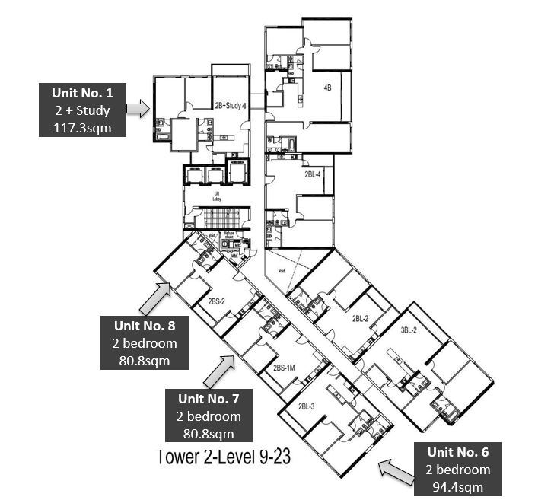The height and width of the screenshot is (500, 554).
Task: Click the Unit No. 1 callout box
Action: (x=82, y=110)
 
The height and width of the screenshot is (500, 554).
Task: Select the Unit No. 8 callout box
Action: (x=144, y=343)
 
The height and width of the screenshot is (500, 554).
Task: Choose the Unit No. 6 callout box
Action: (x=457, y=468)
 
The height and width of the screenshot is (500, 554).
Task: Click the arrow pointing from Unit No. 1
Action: (x=138, y=110)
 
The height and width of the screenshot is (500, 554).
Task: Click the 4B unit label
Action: (x=327, y=88)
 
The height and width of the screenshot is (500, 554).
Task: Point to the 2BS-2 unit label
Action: (x=217, y=302)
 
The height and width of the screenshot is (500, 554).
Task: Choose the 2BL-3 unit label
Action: (x=307, y=406)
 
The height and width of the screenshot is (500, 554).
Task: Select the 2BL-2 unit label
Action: (x=361, y=318)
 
